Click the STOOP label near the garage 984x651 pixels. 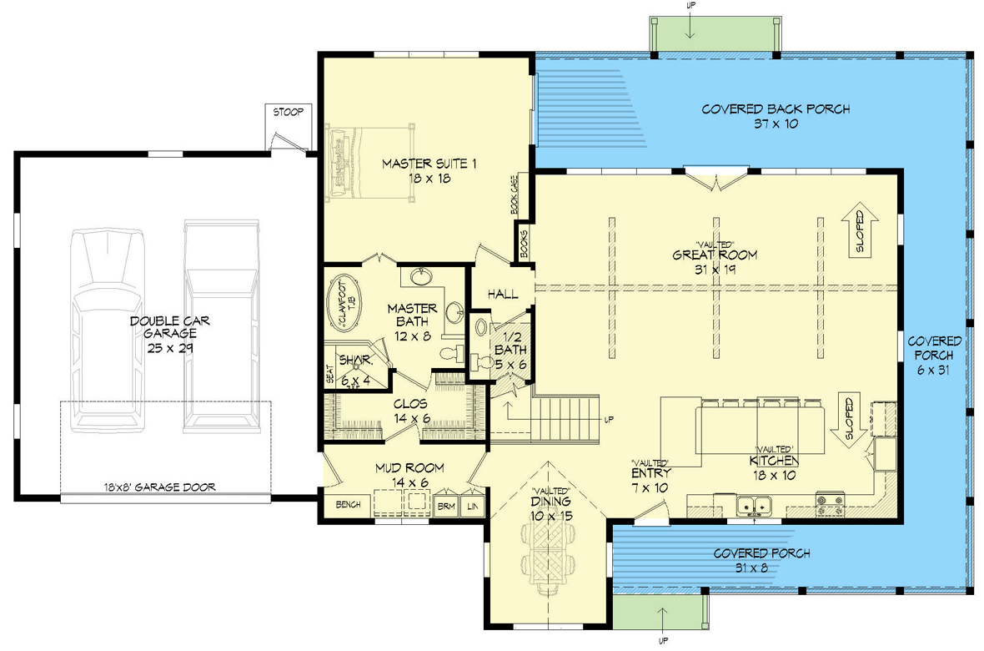286,111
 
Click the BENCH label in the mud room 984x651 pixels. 347,505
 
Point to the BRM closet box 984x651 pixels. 446,507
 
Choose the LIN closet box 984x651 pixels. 473,507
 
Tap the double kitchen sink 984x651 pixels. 756,505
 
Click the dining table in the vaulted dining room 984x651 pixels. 546,554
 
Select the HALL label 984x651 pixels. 503,295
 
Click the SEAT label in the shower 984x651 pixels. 330,375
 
